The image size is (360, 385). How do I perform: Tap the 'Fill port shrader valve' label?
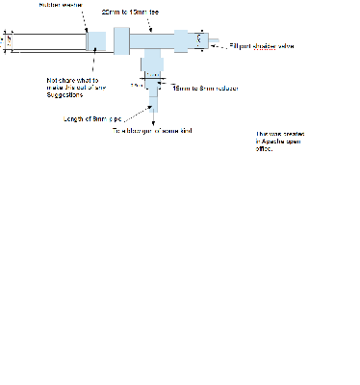pyautogui.click(x=260, y=45)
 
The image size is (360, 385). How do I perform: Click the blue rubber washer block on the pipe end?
pyautogui.click(x=96, y=41)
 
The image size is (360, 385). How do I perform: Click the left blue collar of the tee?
pyautogui.click(x=121, y=40)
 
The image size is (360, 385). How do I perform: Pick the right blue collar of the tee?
pyautogui.click(x=182, y=40)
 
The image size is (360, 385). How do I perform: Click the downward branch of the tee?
pyautogui.click(x=152, y=63)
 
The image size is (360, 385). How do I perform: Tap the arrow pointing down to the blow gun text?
pyautogui.click(x=152, y=120)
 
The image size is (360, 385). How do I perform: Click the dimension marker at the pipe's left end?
pyautogui.click(x=7, y=41)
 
